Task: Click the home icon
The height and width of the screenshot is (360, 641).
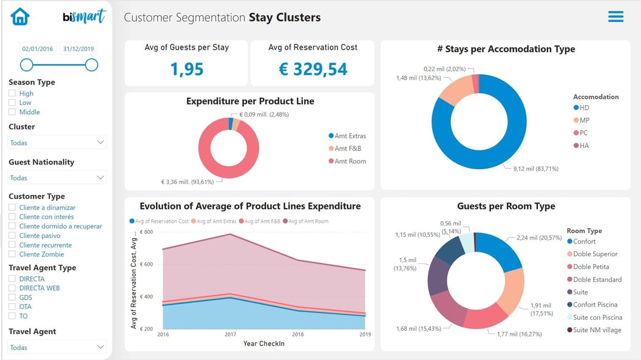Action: pyautogui.click(x=20, y=16)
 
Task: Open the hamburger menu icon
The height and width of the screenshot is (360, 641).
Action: pyautogui.click(x=616, y=16)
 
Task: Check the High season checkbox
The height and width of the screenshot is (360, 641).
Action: pyautogui.click(x=12, y=93)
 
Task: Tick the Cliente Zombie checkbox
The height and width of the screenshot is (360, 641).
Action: pyautogui.click(x=12, y=254)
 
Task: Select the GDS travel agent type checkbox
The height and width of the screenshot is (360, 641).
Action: pyautogui.click(x=12, y=297)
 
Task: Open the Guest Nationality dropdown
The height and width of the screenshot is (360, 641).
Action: pyautogui.click(x=57, y=178)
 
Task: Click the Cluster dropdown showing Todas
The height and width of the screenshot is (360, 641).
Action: pyautogui.click(x=57, y=143)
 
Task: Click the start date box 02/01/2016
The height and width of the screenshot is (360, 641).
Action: pyautogui.click(x=38, y=49)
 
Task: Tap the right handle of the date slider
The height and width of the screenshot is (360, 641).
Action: pyautogui.click(x=91, y=65)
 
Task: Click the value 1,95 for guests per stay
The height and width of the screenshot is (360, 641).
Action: pyautogui.click(x=186, y=69)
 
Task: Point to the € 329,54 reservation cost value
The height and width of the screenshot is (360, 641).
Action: pyautogui.click(x=313, y=69)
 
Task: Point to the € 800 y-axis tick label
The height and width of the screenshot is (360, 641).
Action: pyautogui.click(x=146, y=232)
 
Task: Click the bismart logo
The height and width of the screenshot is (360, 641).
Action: pyautogui.click(x=84, y=16)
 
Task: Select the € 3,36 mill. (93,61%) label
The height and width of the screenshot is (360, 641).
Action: pyautogui.click(x=188, y=182)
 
